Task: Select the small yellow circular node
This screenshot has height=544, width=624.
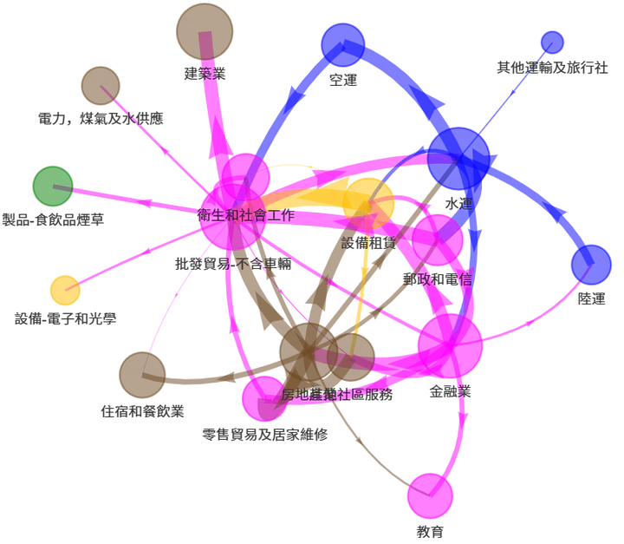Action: tap(65, 290)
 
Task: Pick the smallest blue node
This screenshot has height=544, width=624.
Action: tap(551, 43)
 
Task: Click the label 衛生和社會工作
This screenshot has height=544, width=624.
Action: tap(245, 215)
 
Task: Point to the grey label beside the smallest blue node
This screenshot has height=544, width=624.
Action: tap(549, 66)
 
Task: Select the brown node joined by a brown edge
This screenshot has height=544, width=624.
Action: tap(141, 374)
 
